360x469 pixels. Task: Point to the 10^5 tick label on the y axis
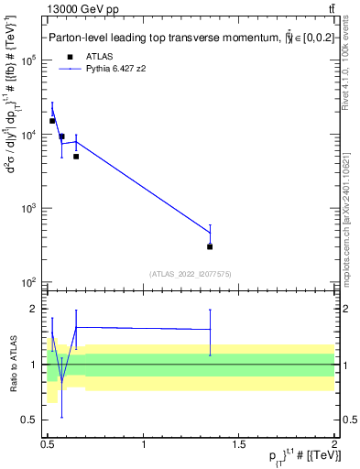tap(27, 60)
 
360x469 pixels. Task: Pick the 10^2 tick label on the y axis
tap(27, 282)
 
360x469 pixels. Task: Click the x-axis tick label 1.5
tap(239, 444)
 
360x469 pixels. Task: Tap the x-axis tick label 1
tap(144, 444)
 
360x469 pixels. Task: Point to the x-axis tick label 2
tap(333, 444)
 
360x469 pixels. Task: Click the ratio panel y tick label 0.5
tap(30, 420)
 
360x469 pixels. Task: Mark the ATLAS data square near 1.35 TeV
tap(210, 246)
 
